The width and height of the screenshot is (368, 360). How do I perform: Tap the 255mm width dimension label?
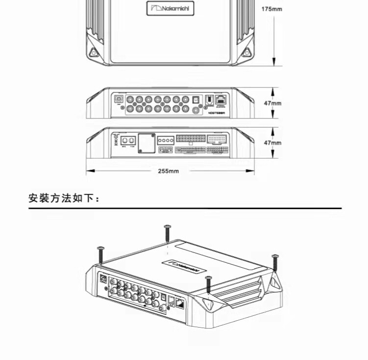(168, 171)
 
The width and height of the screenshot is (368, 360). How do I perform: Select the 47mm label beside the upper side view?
(272, 104)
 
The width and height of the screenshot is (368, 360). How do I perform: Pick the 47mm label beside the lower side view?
(272, 142)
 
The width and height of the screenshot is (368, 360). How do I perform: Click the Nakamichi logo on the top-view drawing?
(170, 8)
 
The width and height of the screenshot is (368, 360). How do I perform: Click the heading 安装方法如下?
(64, 199)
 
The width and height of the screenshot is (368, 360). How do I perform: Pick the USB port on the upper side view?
(119, 99)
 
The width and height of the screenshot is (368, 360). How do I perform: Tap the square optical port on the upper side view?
(196, 99)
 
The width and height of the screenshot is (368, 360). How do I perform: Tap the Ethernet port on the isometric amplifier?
(180, 303)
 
